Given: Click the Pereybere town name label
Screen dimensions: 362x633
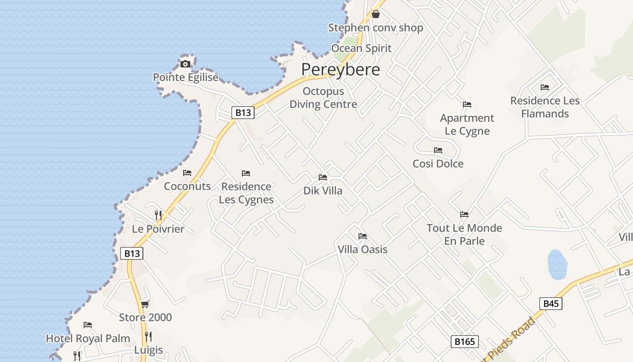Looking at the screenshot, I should (x=340, y=70).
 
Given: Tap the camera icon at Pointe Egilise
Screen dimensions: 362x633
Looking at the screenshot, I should (x=185, y=64).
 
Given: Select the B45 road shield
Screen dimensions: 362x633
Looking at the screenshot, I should (x=551, y=304).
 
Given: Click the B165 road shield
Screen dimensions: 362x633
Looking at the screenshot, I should (x=464, y=342).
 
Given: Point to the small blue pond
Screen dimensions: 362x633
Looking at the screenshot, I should (x=557, y=264).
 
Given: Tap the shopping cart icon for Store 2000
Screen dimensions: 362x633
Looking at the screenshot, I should (x=145, y=304).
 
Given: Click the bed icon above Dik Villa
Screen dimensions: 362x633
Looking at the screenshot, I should (x=323, y=177).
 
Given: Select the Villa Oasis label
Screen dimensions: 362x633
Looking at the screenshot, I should (x=363, y=249).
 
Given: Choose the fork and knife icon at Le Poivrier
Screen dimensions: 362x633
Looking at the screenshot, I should (x=158, y=215).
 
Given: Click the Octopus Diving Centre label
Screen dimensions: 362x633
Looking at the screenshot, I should (x=323, y=98).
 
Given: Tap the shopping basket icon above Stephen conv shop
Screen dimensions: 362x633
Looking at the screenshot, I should (x=376, y=14).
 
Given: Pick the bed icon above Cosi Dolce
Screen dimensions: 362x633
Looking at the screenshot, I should (x=438, y=150).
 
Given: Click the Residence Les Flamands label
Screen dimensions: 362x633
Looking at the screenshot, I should (x=545, y=107).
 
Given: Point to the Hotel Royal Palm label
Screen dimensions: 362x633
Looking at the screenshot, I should (x=88, y=338).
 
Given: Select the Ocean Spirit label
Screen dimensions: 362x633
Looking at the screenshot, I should (x=361, y=48).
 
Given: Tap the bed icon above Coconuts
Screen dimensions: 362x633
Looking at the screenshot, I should (x=187, y=173).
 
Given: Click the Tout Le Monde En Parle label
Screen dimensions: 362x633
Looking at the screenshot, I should (x=464, y=234).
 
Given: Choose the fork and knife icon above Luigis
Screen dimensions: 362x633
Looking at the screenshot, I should (x=148, y=336).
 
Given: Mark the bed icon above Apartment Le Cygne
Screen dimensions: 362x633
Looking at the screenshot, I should (x=467, y=105).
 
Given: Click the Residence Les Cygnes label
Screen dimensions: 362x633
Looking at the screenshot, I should (x=246, y=193).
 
